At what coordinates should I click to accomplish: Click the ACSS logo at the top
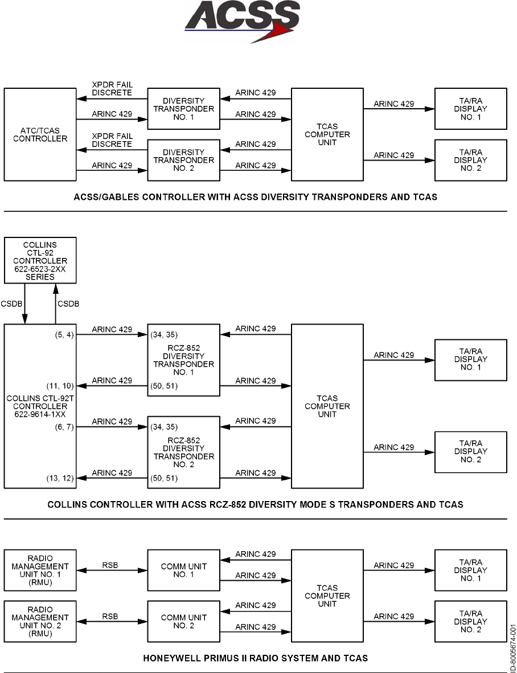pos(243,22)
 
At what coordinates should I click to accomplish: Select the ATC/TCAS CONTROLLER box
pos(40,134)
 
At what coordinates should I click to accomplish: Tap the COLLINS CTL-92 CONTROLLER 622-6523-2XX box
pos(40,260)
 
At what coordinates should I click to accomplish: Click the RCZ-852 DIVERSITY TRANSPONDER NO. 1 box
pos(184,360)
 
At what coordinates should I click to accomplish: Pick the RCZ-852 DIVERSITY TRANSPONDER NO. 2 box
pos(184,452)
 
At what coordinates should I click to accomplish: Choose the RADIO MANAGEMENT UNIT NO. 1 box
pos(40,570)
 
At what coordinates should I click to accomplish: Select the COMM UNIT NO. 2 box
pos(184,617)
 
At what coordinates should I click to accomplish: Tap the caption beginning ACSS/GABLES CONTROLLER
pos(255,198)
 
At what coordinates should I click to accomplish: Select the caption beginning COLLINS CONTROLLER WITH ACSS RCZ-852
pos(255,504)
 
